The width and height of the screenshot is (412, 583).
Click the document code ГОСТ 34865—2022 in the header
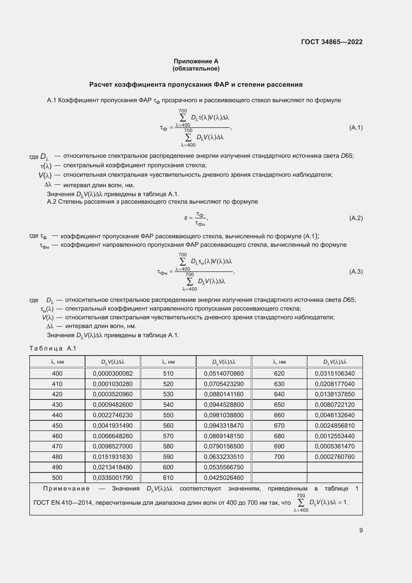pyautogui.click(x=332, y=42)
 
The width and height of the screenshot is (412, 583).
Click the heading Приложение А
pyautogui.click(x=196, y=61)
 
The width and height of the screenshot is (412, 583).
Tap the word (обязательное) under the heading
pyautogui.click(x=196, y=69)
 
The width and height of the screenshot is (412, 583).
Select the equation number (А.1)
pyautogui.click(x=356, y=127)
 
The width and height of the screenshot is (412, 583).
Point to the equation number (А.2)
pyautogui.click(x=356, y=218)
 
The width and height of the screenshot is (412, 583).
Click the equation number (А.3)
pyautogui.click(x=356, y=271)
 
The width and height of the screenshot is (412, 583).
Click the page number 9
pyautogui.click(x=361, y=530)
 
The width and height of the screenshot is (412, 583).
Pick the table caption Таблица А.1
pyautogui.click(x=53, y=348)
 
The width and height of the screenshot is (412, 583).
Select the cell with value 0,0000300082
pyautogui.click(x=113, y=374)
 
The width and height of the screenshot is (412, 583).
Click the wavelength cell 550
pyautogui.click(x=168, y=415)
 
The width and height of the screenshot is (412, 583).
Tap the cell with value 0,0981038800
pyautogui.click(x=223, y=415)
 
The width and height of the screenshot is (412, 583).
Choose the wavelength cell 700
pyautogui.click(x=279, y=457)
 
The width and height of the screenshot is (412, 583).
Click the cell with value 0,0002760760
pyautogui.click(x=335, y=457)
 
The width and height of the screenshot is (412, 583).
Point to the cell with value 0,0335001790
pyautogui.click(x=113, y=478)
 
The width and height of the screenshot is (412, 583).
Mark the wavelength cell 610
pyautogui.click(x=168, y=478)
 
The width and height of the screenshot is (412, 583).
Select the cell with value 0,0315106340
pyautogui.click(x=335, y=374)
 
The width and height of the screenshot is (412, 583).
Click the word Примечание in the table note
pyautogui.click(x=66, y=489)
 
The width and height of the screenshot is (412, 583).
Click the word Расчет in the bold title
pyautogui.click(x=101, y=84)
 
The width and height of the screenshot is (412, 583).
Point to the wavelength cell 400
pyautogui.click(x=57, y=374)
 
